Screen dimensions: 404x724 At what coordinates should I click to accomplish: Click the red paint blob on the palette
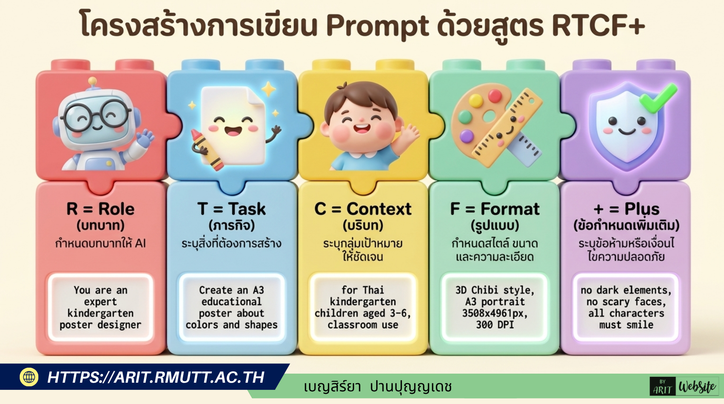494,96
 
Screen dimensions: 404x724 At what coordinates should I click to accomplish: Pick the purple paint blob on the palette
467,136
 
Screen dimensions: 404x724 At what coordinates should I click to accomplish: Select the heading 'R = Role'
100,209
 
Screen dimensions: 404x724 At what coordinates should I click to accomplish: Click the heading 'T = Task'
232,209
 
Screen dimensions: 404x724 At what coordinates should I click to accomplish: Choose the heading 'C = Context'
363,209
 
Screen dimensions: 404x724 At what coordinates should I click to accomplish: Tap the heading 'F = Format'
495,209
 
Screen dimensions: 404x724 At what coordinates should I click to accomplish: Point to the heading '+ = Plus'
626,209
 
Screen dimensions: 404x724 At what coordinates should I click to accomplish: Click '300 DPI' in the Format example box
495,325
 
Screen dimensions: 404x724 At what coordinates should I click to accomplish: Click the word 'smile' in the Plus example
640,325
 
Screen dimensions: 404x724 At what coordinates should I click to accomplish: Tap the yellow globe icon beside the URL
29,377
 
